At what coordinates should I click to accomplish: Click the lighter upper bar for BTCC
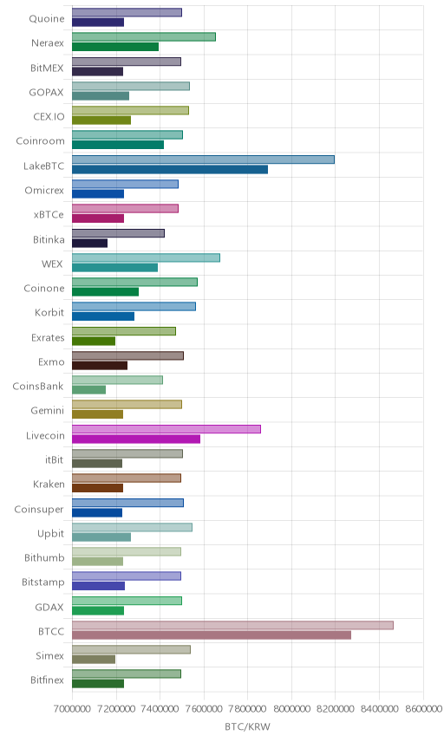(x=232, y=625)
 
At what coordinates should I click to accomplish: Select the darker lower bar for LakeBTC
(x=170, y=169)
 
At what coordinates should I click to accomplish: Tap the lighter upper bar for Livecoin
(x=166, y=429)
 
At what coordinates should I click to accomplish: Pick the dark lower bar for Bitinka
(x=90, y=243)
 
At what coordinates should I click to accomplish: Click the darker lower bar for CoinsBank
(x=89, y=390)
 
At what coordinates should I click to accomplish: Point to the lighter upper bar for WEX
(x=146, y=257)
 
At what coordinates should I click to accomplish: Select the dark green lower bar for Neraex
(x=115, y=47)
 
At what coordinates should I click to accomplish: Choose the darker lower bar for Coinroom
(x=118, y=145)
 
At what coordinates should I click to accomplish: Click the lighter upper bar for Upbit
(x=132, y=527)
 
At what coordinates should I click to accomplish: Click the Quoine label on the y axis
(x=46, y=18)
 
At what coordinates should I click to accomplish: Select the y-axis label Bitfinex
(x=47, y=680)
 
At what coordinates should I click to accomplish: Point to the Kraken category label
(x=49, y=484)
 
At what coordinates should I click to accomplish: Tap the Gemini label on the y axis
(x=48, y=410)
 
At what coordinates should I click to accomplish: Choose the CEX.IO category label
(x=49, y=116)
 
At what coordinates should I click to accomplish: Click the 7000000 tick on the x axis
(x=72, y=708)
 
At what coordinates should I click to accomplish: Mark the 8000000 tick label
(x=291, y=708)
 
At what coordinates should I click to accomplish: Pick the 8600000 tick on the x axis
(x=423, y=708)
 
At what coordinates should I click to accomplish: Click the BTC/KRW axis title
(x=247, y=727)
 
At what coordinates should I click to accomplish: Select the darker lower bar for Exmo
(x=100, y=365)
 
